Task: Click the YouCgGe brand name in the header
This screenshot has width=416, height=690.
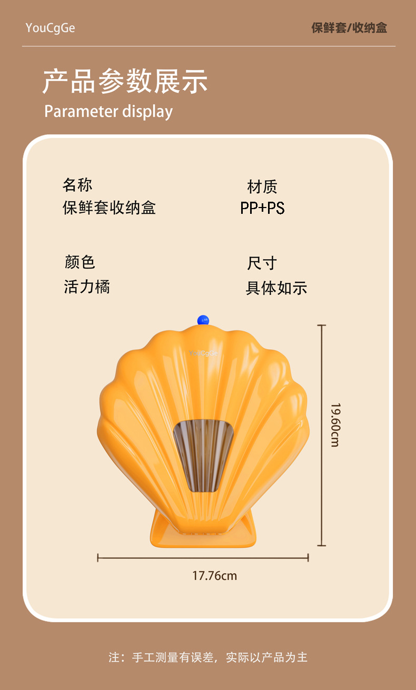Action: pyautogui.click(x=50, y=28)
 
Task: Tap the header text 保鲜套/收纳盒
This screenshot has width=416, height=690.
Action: pyautogui.click(x=349, y=28)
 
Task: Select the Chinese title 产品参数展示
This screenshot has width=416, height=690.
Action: pyautogui.click(x=125, y=82)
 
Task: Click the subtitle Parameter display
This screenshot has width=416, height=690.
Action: pyautogui.click(x=108, y=111)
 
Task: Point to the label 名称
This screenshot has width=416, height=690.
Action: pyautogui.click(x=77, y=185)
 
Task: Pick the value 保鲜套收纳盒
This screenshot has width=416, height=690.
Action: pyautogui.click(x=109, y=208)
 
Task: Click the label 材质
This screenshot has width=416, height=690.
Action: pyautogui.click(x=262, y=186)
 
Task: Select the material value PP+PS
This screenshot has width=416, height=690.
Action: pyautogui.click(x=262, y=208)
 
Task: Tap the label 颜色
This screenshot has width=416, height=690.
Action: pyautogui.click(x=80, y=262)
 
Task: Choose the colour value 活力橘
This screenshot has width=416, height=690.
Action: pyautogui.click(x=87, y=287)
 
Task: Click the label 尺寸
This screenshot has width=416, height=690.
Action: pyautogui.click(x=262, y=263)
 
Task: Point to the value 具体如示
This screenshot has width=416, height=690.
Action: pyautogui.click(x=276, y=288)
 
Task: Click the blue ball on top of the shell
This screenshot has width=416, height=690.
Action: pyautogui.click(x=203, y=320)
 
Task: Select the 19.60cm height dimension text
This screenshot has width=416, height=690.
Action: pyautogui.click(x=335, y=425)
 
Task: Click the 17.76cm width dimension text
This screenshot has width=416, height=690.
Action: pyautogui.click(x=214, y=576)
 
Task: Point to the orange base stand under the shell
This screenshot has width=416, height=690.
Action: pyautogui.click(x=203, y=532)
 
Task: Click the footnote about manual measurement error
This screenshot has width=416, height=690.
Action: pyautogui.click(x=208, y=657)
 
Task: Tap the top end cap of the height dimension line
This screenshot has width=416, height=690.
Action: pyautogui.click(x=322, y=326)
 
